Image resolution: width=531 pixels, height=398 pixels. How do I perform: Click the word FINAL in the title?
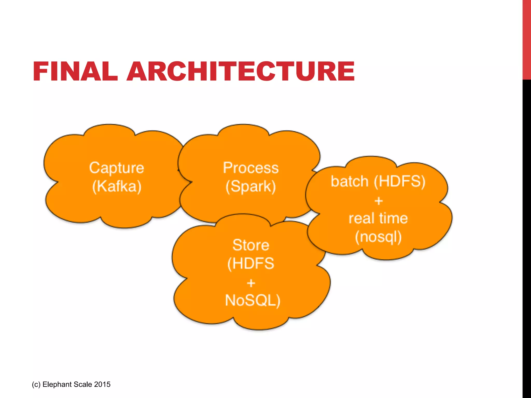tap(75, 71)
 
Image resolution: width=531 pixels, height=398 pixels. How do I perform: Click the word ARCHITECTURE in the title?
tap(241, 71)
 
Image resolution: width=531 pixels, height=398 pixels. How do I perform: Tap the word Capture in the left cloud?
tap(116, 168)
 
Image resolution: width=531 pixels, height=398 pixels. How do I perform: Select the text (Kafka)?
tap(117, 186)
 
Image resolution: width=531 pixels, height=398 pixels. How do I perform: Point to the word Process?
tap(251, 168)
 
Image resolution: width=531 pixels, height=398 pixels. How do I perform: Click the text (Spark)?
tap(250, 186)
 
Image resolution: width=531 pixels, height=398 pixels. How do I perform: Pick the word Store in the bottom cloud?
tap(251, 245)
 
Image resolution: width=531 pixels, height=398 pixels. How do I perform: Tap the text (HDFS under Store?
tap(250, 264)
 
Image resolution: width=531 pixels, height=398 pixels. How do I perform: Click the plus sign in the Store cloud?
tap(251, 283)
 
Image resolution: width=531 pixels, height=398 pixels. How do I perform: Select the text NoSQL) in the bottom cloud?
tap(253, 301)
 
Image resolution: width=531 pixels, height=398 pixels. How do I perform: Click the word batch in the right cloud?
tap(350, 181)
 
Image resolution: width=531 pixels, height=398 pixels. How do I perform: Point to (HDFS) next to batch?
tap(400, 181)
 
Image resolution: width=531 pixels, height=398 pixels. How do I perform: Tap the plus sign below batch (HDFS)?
tap(379, 201)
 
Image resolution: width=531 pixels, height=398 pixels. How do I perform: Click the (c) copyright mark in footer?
tap(36, 384)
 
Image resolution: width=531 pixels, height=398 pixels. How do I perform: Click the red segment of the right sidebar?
tap(527, 39)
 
